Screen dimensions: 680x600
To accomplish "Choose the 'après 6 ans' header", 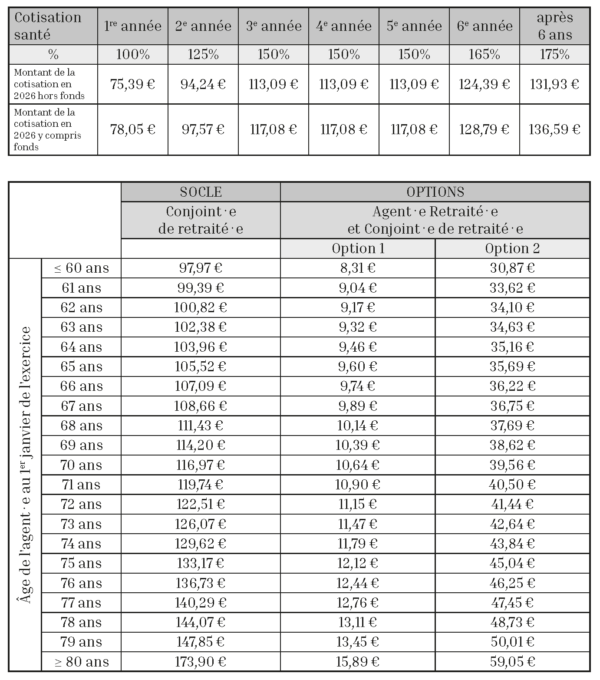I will point(554,24).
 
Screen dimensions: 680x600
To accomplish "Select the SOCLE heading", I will point(200,190).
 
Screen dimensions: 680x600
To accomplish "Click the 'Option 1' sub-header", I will point(357,248).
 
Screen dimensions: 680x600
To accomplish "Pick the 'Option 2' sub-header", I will point(512,248).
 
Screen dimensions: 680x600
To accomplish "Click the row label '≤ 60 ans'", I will point(82,267).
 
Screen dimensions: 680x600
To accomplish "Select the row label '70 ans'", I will point(82,464).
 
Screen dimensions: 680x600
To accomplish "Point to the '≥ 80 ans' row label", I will point(82,661).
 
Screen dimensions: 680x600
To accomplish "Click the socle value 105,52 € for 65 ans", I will point(200,366).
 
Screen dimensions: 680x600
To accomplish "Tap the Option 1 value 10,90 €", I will point(357,484).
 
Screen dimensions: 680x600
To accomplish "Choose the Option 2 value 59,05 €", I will point(512,661).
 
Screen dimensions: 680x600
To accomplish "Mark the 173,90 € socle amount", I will point(200,661).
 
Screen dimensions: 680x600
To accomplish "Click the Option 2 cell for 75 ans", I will point(512,562).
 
